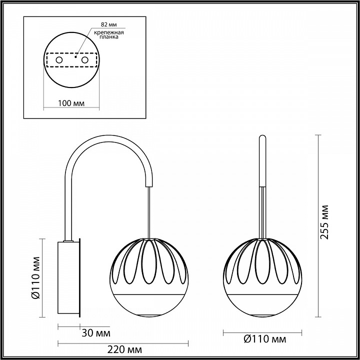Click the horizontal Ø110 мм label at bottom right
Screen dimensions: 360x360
(x=262, y=339)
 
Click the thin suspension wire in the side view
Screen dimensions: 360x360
(x=149, y=210)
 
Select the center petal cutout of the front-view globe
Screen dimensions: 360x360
(x=262, y=262)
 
